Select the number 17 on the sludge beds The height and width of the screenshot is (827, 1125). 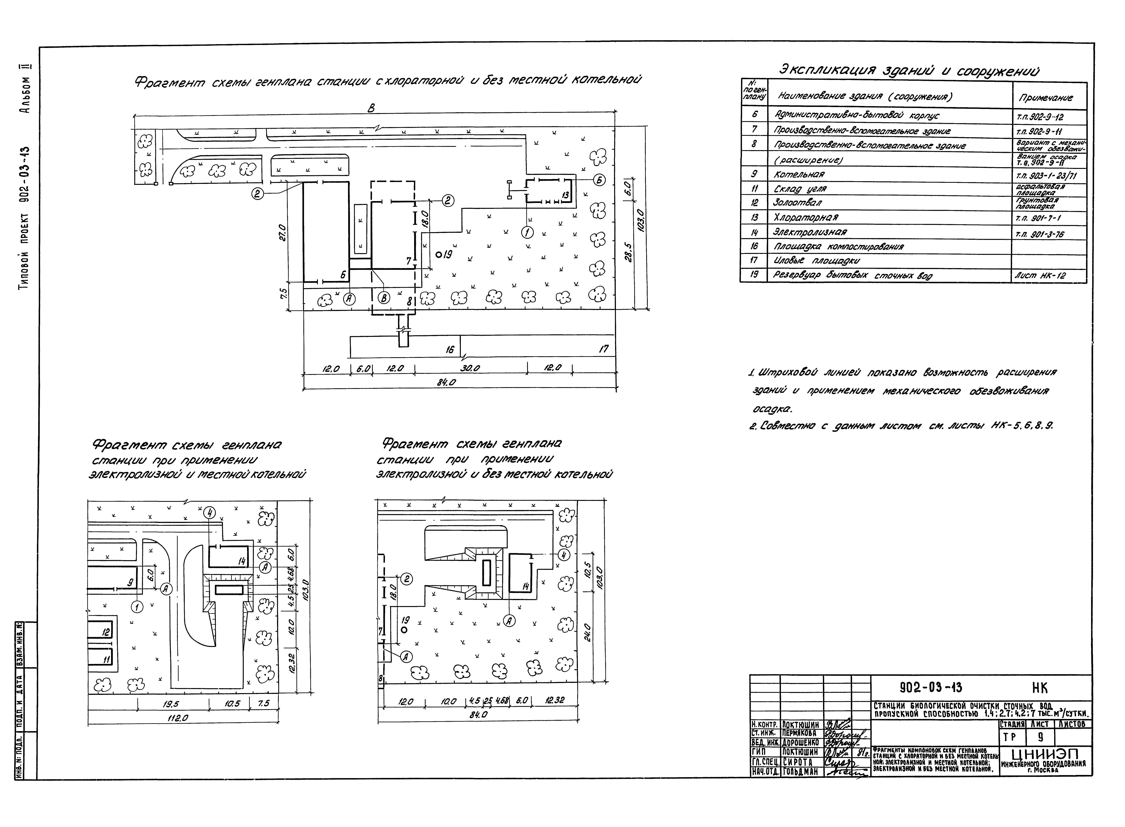604,349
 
